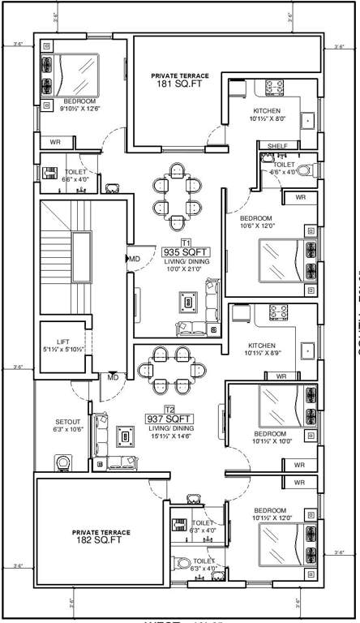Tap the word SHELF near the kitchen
(x=277, y=146)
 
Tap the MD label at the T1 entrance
(x=135, y=259)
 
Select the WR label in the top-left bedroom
(x=55, y=142)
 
